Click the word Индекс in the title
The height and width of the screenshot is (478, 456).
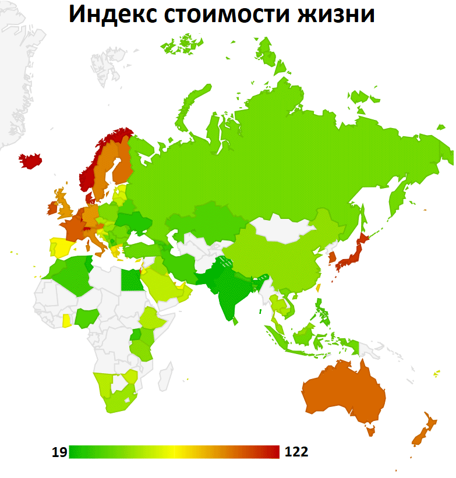click(x=111, y=16)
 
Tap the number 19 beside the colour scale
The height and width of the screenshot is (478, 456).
click(x=59, y=452)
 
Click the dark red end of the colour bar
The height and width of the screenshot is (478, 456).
click(x=274, y=452)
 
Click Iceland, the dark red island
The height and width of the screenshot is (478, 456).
click(x=31, y=160)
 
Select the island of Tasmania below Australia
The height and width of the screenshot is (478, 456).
click(x=369, y=431)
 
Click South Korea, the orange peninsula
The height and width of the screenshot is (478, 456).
click(x=331, y=257)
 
